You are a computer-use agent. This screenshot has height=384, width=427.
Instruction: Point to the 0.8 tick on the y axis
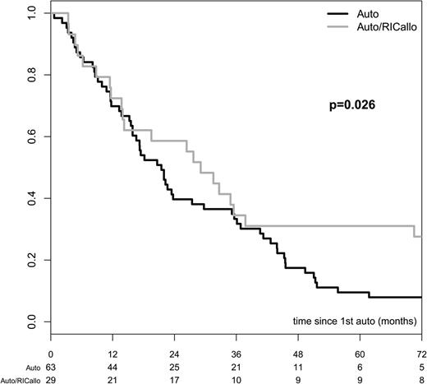30,75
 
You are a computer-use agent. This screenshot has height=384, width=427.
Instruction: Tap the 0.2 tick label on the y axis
30,260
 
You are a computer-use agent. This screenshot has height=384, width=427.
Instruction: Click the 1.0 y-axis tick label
30,13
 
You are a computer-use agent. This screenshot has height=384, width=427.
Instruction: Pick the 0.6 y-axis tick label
30,136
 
